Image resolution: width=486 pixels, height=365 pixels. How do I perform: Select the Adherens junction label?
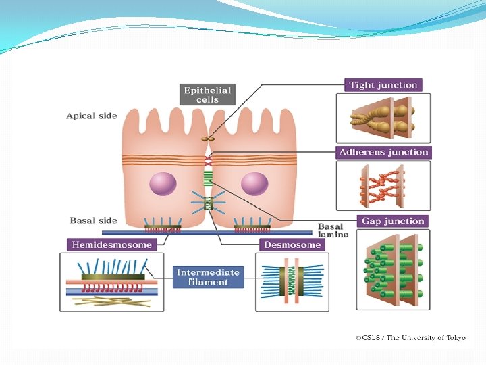[383, 152]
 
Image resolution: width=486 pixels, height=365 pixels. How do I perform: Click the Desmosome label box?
[292, 244]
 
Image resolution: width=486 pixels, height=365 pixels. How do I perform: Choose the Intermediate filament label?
[208, 277]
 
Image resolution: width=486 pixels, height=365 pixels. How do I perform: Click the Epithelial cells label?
[207, 95]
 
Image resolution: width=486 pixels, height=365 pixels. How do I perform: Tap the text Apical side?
[92, 116]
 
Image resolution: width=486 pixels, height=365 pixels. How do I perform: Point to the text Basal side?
[93, 220]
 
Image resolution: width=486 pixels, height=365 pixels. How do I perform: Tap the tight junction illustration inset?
[383, 118]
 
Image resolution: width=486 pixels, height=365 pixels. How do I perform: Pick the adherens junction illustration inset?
[383, 187]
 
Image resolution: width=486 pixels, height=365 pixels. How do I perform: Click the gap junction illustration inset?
[392, 270]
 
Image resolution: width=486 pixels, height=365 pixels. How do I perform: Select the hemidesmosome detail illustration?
[111, 282]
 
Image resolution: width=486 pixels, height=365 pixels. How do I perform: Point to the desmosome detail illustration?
[292, 282]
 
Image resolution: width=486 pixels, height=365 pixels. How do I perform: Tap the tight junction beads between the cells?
[209, 139]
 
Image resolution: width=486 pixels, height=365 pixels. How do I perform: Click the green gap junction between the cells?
[209, 178]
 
